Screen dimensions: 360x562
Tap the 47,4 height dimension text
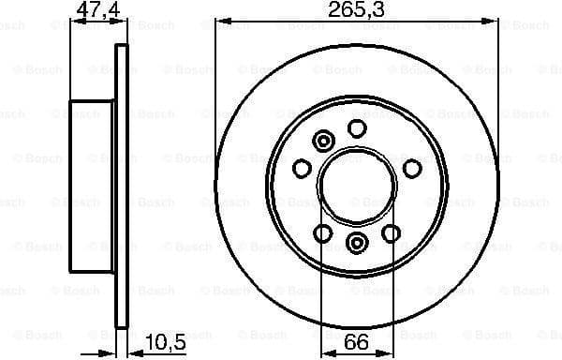(94, 10)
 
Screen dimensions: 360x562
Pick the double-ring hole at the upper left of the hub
(324, 142)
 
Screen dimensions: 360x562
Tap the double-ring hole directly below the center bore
(357, 245)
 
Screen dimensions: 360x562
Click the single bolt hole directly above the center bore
(357, 128)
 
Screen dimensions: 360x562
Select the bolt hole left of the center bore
(302, 168)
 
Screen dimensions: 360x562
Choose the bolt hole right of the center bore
(411, 168)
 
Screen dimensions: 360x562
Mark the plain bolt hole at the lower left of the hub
(323, 232)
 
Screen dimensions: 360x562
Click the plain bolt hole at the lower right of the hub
(391, 232)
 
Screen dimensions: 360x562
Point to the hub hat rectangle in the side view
(93, 187)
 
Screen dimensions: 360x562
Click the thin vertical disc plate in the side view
(120, 187)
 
